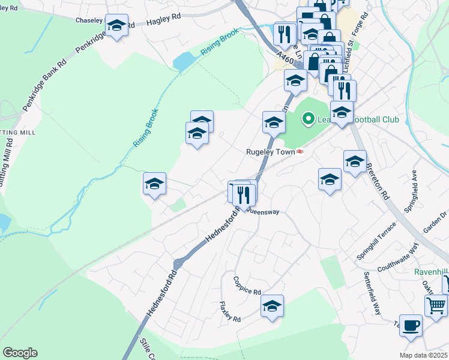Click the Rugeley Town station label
[271, 152]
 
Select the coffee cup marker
[411, 325]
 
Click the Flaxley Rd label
[229, 311]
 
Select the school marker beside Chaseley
[116, 25]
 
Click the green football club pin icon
[309, 119]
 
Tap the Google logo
[20, 352]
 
